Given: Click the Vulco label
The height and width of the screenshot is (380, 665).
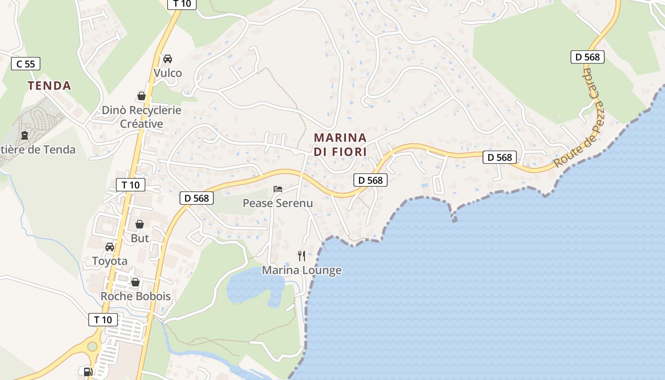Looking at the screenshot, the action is click(x=168, y=73).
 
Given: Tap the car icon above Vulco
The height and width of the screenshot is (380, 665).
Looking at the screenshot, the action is click(x=167, y=59).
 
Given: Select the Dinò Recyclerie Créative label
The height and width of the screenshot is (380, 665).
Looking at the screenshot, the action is click(x=142, y=117).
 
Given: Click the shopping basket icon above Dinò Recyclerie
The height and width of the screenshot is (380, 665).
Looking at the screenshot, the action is click(x=142, y=96).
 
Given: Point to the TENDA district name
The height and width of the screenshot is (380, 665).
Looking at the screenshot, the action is click(x=49, y=86).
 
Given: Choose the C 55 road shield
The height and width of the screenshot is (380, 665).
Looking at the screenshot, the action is click(x=26, y=64).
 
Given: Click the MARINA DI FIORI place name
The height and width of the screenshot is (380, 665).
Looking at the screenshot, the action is click(x=340, y=145).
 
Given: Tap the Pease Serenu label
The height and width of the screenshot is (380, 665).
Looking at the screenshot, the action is click(x=278, y=203).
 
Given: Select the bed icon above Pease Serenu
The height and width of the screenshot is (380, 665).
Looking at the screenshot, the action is click(x=278, y=189).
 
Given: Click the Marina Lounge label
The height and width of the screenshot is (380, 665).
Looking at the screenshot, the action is click(x=302, y=270).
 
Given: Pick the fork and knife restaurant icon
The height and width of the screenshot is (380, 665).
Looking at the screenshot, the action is click(x=302, y=256).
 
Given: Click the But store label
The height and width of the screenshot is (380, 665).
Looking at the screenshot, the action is click(x=140, y=238).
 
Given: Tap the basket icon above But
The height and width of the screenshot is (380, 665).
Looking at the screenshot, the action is click(x=140, y=224).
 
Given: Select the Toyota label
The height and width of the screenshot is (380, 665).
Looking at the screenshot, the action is click(x=110, y=261).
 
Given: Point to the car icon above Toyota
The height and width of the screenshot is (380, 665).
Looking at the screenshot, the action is click(x=110, y=247).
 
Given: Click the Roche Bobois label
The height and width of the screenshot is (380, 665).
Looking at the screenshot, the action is click(x=135, y=296).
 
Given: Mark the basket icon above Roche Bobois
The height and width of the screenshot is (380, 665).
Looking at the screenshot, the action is click(x=135, y=282).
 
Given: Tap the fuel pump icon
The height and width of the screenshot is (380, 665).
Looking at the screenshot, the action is click(x=88, y=371).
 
